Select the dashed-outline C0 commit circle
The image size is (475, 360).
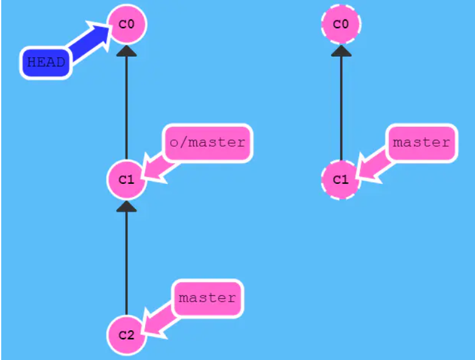coord(341,25)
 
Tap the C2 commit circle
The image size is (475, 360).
coord(126,335)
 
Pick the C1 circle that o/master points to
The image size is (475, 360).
coord(126,180)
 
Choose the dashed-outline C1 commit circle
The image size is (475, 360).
coord(341,180)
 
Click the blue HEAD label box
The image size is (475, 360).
coord(46,62)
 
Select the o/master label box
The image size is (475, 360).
coord(207,143)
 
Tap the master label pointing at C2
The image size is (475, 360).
coord(207,298)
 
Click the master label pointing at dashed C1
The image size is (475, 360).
coord(421,143)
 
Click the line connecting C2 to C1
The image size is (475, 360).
coord(126,262)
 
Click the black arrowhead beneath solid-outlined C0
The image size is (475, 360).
coord(126,53)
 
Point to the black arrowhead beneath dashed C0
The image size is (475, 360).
coord(341,51)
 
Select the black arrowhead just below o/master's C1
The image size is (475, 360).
coord(126,207)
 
